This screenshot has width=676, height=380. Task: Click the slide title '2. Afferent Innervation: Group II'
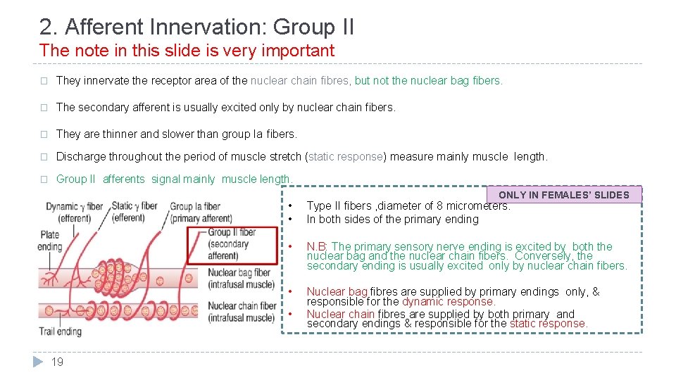coord(196,27)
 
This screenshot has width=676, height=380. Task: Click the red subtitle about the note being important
coord(187,51)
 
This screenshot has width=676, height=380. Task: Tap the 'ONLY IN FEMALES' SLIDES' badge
coord(563,195)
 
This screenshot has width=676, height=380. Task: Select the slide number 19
coord(58,362)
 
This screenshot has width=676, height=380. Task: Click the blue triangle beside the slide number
coord(38,362)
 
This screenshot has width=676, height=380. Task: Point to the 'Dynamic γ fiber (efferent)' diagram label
coord(74,212)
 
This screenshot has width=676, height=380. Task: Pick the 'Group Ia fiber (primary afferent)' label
coord(200,212)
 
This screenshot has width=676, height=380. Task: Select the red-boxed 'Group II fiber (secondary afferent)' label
coord(232,243)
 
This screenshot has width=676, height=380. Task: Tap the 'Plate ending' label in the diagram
coord(50,240)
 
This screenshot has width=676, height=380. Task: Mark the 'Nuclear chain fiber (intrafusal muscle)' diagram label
coord(242,312)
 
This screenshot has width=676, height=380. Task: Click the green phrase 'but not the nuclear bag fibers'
coord(429,80)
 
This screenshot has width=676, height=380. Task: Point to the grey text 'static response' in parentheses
coord(346,156)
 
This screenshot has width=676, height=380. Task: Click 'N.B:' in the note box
coord(318,246)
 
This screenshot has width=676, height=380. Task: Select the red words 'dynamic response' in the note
coord(448,301)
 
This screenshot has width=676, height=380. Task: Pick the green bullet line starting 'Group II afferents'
coord(174,179)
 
